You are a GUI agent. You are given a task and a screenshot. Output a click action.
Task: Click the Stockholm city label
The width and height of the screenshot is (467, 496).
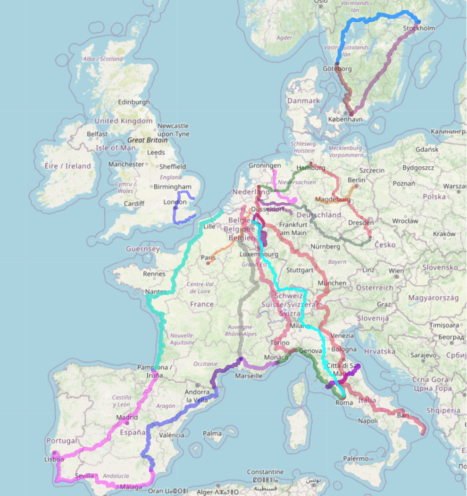419,28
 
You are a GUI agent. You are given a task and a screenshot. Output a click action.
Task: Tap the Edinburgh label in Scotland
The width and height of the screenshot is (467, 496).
134,102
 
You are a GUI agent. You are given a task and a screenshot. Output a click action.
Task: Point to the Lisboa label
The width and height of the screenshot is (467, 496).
54,459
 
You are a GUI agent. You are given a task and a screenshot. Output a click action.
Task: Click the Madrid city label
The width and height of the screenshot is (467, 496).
127,417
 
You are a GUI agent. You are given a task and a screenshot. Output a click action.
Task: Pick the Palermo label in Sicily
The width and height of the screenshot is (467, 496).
356,458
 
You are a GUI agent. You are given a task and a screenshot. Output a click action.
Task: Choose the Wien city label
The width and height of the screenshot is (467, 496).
397,271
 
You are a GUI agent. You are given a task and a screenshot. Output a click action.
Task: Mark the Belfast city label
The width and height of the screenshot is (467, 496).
97,134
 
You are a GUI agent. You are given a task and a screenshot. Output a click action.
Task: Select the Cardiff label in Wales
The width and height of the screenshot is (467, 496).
134,204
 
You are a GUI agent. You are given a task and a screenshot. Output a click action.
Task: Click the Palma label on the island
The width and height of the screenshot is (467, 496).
213,433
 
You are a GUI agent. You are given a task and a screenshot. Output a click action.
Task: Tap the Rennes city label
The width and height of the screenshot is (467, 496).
154,274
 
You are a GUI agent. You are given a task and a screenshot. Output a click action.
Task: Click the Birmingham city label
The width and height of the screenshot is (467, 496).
172,187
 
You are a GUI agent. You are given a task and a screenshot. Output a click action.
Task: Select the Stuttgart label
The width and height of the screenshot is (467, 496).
300,270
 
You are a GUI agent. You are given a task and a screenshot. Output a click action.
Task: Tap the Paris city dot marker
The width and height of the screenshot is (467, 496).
208,263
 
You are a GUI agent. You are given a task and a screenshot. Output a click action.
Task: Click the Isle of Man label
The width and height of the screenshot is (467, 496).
114,148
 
